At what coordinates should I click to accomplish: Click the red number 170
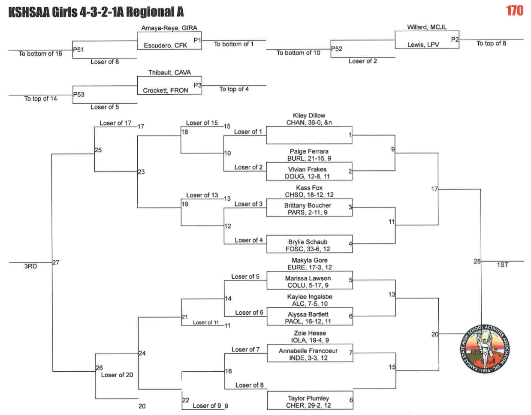[514, 10]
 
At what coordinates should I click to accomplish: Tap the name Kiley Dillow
[309, 115]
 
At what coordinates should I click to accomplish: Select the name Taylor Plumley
[308, 398]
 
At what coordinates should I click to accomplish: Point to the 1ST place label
[502, 265]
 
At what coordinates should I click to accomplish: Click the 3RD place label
[30, 266]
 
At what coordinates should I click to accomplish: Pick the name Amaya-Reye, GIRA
[169, 28]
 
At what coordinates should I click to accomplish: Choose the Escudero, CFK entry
[165, 45]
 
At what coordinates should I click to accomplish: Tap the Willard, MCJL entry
[426, 27]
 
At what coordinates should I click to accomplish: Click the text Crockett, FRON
[166, 90]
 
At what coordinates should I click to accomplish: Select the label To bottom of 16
[40, 54]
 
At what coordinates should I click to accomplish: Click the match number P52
[337, 49]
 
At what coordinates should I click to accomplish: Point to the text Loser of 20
[117, 375]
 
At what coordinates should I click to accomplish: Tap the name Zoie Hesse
[310, 333]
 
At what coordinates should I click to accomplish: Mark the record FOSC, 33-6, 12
[308, 249]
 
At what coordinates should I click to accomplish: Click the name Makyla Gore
[309, 260]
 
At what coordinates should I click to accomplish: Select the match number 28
[477, 261]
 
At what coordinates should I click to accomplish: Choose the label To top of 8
[491, 43]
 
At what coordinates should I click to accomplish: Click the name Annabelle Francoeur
[308, 351]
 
